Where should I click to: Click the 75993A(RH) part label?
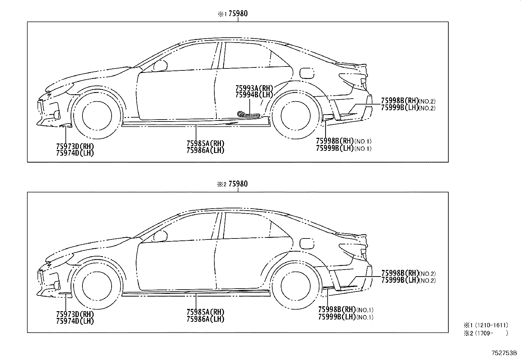254,88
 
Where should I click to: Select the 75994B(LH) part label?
254,95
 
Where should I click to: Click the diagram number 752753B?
504,353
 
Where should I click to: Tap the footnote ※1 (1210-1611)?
486,325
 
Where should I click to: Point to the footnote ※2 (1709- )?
486,333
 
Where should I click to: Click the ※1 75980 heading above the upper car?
233,14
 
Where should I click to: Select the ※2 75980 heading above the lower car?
233,184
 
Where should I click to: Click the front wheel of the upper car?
97,116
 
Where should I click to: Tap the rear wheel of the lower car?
296,286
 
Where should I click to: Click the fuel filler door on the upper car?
307,73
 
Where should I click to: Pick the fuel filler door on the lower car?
307,244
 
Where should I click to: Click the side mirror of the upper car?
160,66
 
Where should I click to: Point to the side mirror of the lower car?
160,237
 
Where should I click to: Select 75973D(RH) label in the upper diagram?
75,146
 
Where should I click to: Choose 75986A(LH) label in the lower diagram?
206,319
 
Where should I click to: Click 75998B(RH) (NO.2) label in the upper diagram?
408,101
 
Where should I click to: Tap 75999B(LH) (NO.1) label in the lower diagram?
346,317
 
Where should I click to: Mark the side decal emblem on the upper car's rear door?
248,114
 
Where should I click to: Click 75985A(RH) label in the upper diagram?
206,143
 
